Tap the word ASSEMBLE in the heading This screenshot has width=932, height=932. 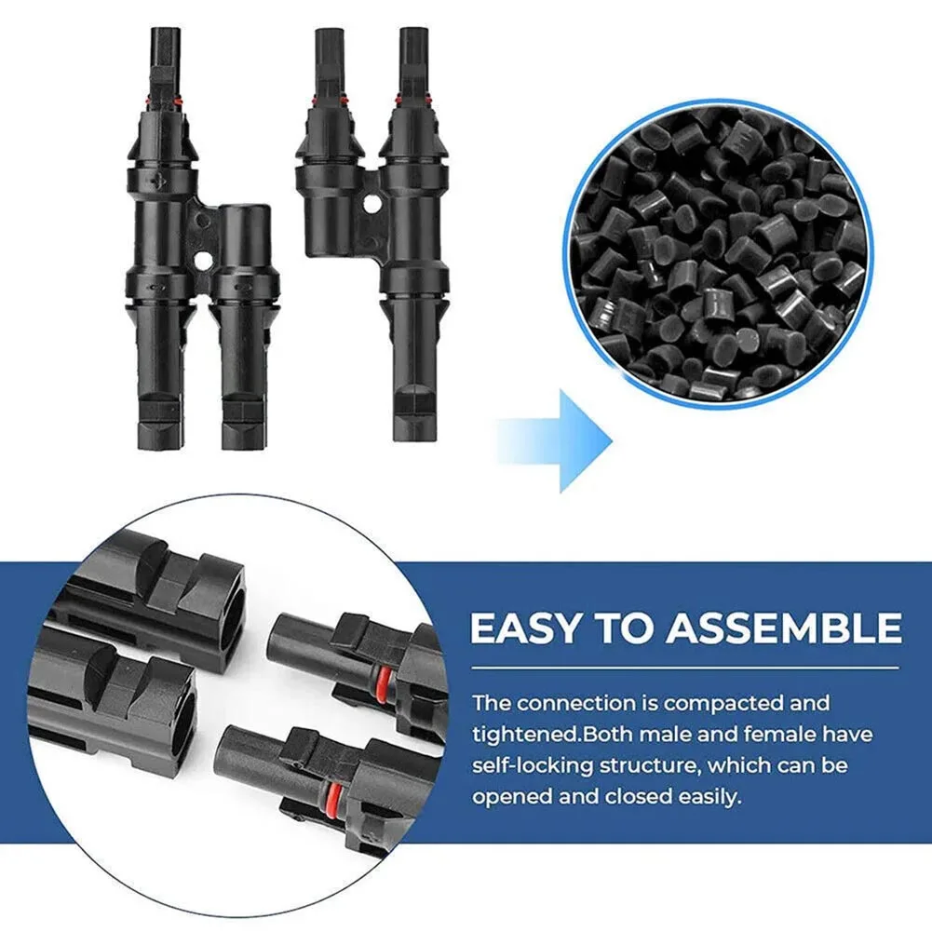point(784,628)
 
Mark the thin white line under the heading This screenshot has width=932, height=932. point(684,668)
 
